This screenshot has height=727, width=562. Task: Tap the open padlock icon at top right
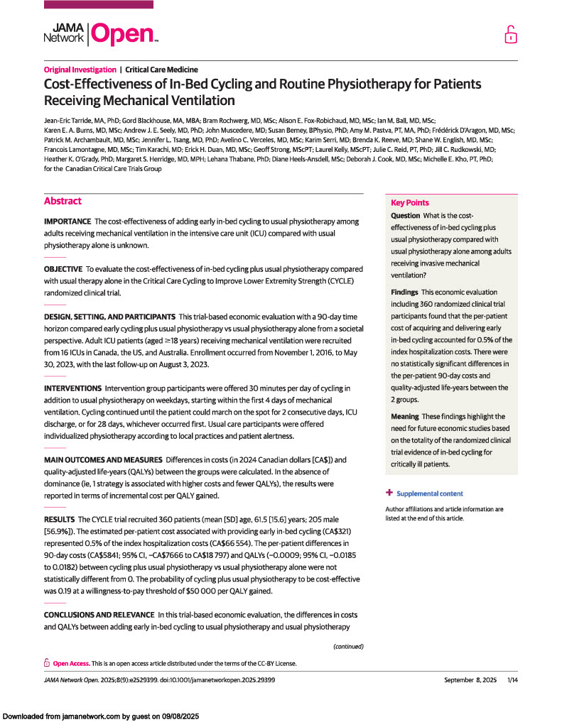point(510,34)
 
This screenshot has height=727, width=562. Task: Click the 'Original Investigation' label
point(80,70)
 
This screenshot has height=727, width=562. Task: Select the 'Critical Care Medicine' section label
point(161,70)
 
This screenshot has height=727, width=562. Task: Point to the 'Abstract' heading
point(63,201)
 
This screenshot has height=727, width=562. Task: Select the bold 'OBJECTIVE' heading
point(63,269)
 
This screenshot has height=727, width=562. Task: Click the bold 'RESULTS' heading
point(59,520)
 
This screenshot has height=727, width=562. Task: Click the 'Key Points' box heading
point(410,203)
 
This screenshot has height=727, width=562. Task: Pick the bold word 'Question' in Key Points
point(406,216)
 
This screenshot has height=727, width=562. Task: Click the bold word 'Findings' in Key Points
point(405,293)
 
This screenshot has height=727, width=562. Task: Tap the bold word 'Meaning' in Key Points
point(405,416)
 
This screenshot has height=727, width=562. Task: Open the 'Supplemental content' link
point(429,493)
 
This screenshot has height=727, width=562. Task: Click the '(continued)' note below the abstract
point(348,647)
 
